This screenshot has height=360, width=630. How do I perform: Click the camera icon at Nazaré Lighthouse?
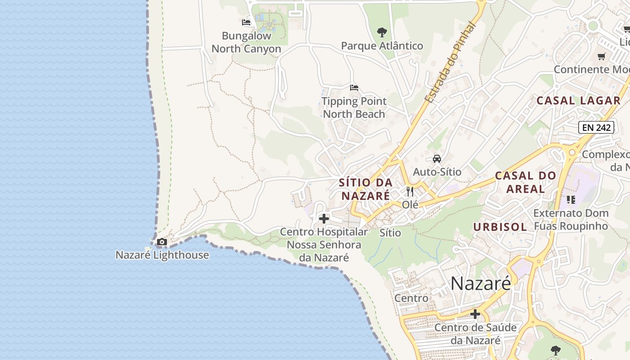pos(162,242)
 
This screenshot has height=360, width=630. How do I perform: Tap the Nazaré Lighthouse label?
pos(162,255)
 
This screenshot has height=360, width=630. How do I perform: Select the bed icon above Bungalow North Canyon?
pos(246,22)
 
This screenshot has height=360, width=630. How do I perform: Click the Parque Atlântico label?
pos(382,46)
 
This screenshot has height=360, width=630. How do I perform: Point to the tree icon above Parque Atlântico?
pos(382,32)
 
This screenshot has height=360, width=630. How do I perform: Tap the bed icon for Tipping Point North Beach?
pos(354,87)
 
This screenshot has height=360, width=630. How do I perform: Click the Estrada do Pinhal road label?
pos(450,63)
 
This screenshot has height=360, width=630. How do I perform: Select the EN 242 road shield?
pos(596,127)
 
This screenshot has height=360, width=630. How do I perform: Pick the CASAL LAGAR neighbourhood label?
pos(578,101)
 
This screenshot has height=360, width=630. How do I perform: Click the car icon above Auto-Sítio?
pos(436,158)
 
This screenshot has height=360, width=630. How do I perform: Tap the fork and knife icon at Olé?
pos(410,192)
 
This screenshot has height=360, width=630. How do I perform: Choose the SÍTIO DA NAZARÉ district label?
pos(366,189)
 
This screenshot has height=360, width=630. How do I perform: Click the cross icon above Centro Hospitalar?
pos(324,219)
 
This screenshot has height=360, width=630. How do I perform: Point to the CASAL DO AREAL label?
pos(526,182)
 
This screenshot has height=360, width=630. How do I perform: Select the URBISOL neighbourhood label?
pos(500,227)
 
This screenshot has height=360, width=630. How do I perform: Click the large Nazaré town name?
pos(481,283)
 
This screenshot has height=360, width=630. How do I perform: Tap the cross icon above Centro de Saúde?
pos(475,314)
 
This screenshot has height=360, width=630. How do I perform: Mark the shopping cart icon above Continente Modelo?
pos(601,57)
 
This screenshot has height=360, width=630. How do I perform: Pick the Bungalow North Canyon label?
pos(246,42)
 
